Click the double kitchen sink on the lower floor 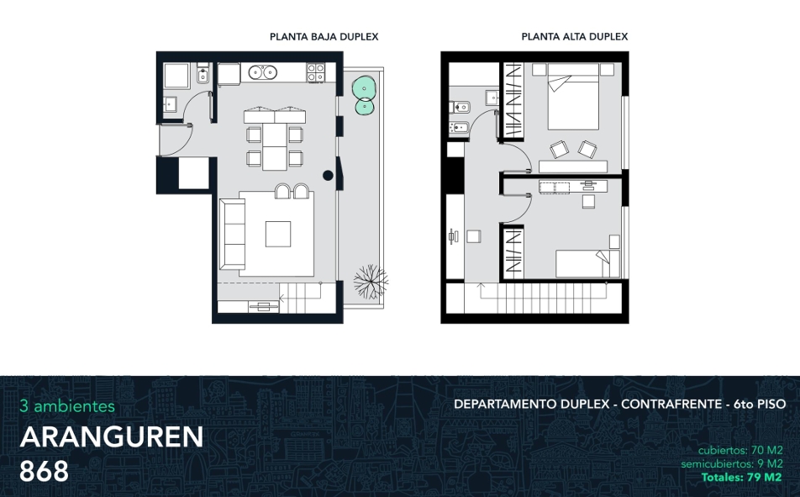[x=263, y=72]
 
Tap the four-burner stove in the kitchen [x=316, y=72]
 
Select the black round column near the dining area [x=328, y=175]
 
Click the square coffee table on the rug [x=278, y=234]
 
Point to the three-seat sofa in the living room [x=232, y=235]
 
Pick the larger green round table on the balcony [x=364, y=87]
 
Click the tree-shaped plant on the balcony [x=371, y=280]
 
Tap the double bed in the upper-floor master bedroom [x=573, y=96]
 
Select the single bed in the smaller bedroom [x=587, y=263]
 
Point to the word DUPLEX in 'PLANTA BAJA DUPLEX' [x=359, y=37]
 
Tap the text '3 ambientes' [x=67, y=406]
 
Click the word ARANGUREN [x=112, y=437]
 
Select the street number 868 [x=44, y=471]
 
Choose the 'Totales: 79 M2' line [x=741, y=478]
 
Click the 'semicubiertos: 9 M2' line [x=732, y=464]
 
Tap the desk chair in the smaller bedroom [x=588, y=202]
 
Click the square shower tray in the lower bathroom [x=177, y=76]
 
